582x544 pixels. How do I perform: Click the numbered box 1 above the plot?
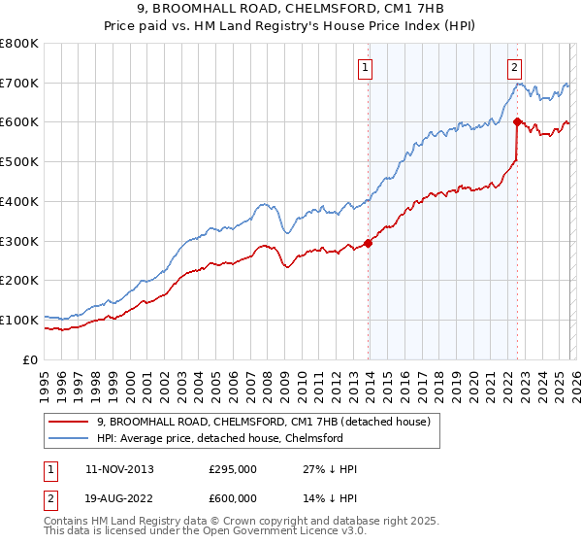366,67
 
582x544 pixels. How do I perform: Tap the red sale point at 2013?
369,243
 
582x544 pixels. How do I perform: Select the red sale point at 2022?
517,121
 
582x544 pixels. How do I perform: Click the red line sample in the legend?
69,422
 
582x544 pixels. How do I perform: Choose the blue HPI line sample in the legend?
69,438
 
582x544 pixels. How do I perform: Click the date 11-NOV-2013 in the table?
118,469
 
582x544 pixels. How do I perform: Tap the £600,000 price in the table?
232,497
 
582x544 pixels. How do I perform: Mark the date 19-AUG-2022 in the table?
118,497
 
